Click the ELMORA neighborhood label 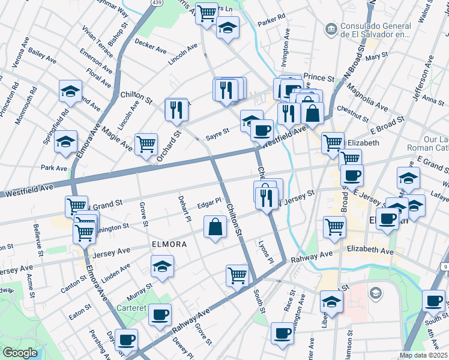[169, 245]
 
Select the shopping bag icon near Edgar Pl [215, 227]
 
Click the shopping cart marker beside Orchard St [146, 145]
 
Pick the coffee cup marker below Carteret [160, 314]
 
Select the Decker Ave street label [151, 46]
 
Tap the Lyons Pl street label [265, 253]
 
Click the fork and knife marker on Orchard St [176, 109]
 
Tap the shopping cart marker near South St [238, 275]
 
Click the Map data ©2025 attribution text [422, 355]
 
